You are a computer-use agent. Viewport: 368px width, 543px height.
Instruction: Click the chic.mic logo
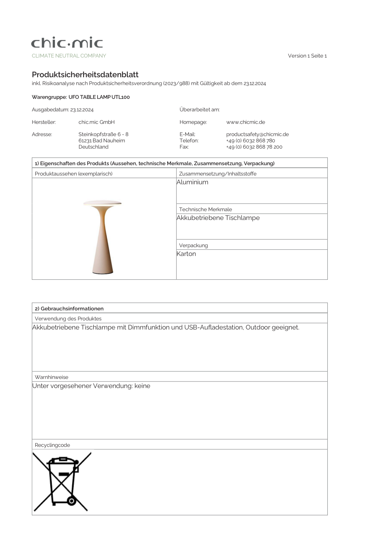pos(67,43)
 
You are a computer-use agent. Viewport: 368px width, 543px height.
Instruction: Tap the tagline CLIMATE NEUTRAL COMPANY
pos(69,56)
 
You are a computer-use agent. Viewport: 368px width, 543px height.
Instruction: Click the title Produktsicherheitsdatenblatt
pos(85,74)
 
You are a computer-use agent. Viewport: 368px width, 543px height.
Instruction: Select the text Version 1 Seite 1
pos(307,56)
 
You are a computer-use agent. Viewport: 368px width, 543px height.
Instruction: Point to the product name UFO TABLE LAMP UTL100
pos(99,97)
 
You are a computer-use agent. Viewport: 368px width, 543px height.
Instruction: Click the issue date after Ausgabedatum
pos(82,110)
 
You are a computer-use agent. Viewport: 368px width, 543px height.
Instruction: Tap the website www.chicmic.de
pos(246,122)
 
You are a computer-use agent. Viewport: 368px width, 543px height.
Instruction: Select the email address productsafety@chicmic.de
pos(257,134)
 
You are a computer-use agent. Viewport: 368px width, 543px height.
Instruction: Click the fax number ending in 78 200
pos(254,147)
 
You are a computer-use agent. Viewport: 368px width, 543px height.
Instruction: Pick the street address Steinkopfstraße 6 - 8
pos(103,134)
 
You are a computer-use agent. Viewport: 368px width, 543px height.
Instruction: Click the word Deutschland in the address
pos(93,147)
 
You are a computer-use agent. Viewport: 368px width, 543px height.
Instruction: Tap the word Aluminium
pos(192,182)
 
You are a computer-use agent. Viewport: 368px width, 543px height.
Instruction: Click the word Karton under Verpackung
pos(186,254)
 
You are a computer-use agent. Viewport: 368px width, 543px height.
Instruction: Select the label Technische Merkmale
pos(205,209)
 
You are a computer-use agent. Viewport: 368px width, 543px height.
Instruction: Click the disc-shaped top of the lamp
pos(102,203)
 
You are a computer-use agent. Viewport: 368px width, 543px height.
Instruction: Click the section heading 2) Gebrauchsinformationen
pos(69,309)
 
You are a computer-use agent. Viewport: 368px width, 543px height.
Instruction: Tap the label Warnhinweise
pos(52,377)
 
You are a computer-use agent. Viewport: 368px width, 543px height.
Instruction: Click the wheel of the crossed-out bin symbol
pos(72,501)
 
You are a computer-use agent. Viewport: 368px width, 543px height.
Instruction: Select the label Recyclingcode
pos(52,445)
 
